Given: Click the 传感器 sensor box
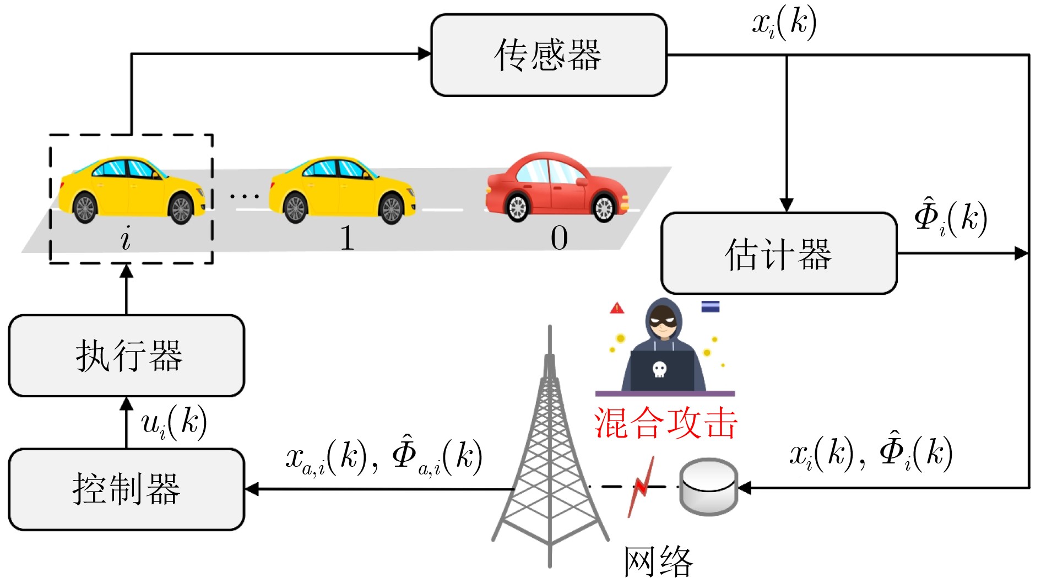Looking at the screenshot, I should [x=548, y=55].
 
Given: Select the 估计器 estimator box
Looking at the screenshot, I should [x=778, y=253].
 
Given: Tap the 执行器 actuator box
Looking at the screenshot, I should [x=127, y=355].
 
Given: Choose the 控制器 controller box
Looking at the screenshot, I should [x=127, y=489].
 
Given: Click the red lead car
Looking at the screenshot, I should [x=556, y=187].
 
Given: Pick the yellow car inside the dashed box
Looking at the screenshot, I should [x=132, y=190].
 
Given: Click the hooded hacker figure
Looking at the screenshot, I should [x=664, y=347].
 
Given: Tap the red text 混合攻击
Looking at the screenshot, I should [x=665, y=423].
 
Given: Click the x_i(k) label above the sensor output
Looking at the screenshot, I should [x=784, y=24].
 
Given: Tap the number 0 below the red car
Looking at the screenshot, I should [x=559, y=239].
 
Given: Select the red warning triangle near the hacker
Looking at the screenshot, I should [x=617, y=308].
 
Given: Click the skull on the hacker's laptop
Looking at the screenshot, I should [x=659, y=369].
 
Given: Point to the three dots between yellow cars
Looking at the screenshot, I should [x=244, y=196].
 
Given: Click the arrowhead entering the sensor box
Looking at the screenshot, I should [x=425, y=53].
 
